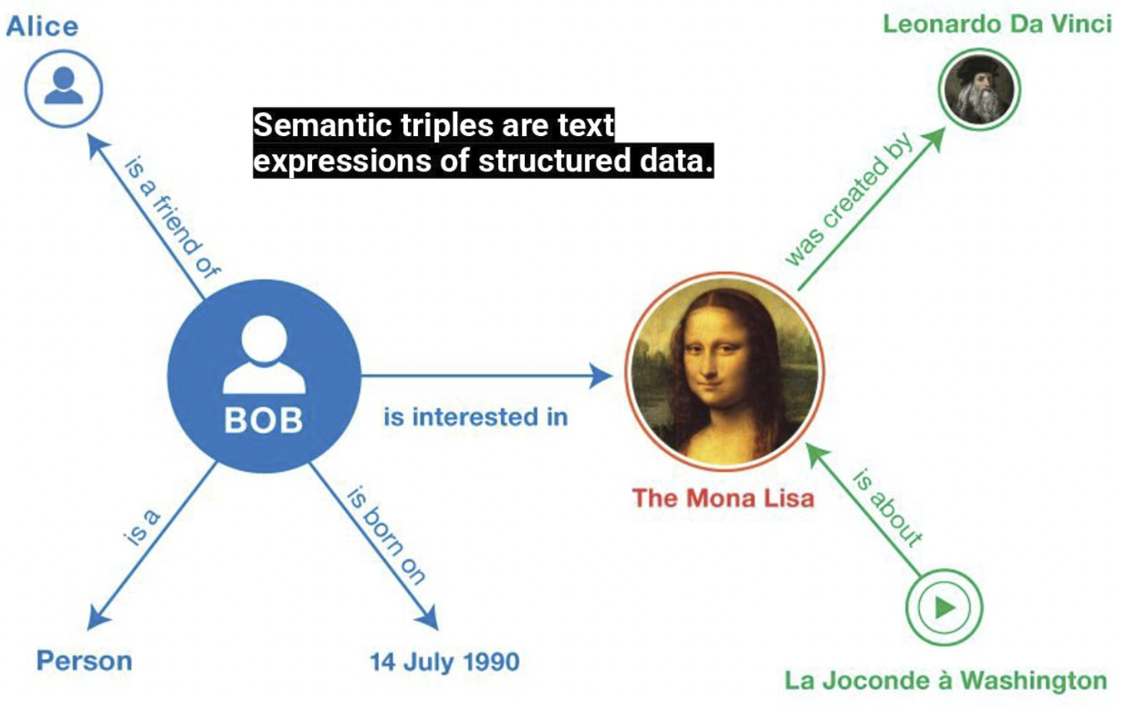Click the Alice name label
coord(42,26)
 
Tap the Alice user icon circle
coord(64,88)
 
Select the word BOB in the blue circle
coord(264,420)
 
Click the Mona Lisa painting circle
coord(724,371)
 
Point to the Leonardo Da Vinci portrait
coord(979,90)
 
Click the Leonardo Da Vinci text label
coord(997,24)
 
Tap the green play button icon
coord(944,607)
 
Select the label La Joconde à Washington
coord(946,680)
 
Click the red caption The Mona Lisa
coord(723,498)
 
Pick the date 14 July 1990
coord(445,662)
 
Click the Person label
coord(85,660)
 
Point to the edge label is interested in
coord(476,417)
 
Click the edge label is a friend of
coord(172,217)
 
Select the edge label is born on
coord(387,535)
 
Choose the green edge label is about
coord(888,508)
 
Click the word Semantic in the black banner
coord(322,124)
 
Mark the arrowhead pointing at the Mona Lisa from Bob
coord(600,376)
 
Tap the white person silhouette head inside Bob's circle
coord(264,338)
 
